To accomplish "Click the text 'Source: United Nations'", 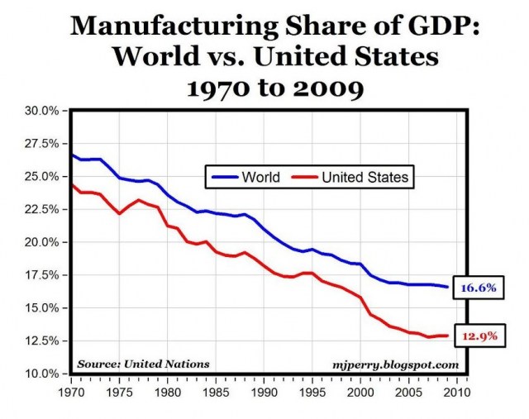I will click(143, 364).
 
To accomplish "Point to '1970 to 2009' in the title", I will click(264, 87).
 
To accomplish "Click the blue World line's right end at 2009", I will click(448, 287).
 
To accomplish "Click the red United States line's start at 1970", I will click(71, 184).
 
